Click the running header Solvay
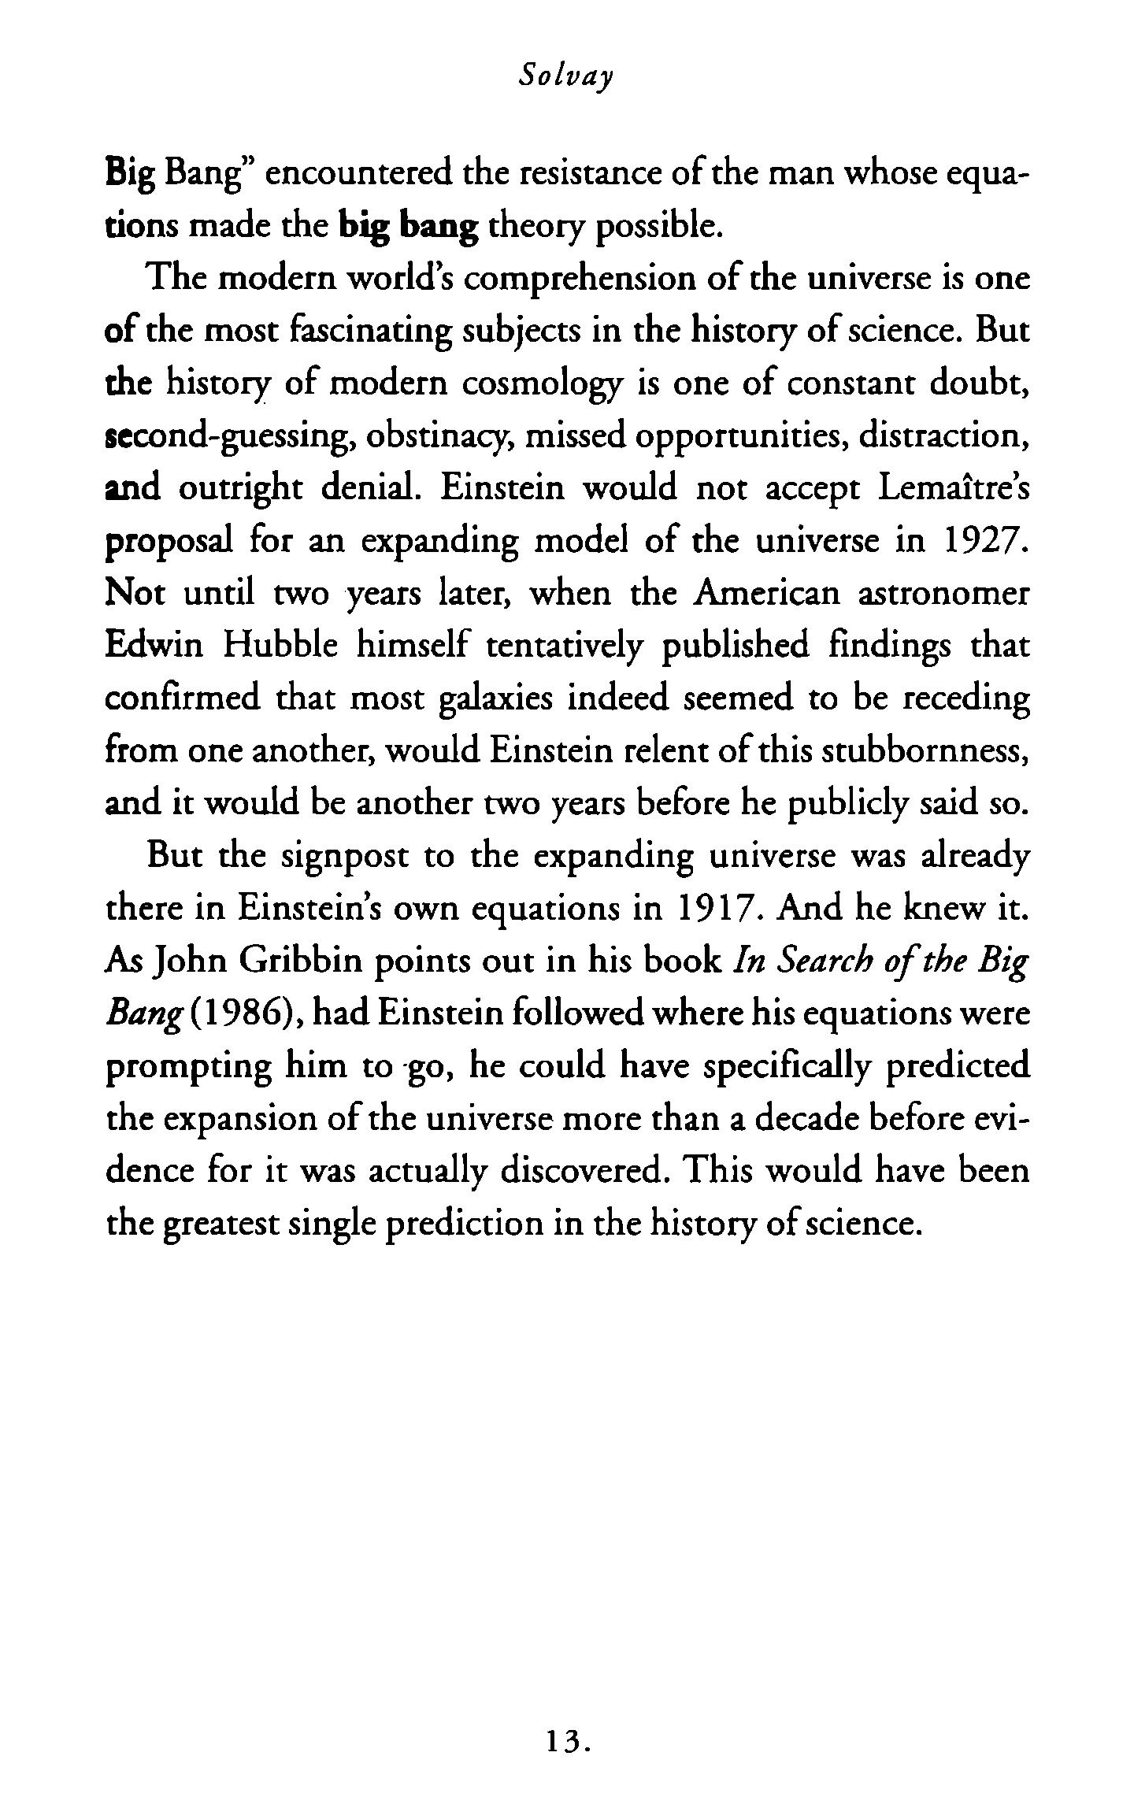tap(566, 76)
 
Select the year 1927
tap(985, 542)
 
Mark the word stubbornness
tap(925, 752)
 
